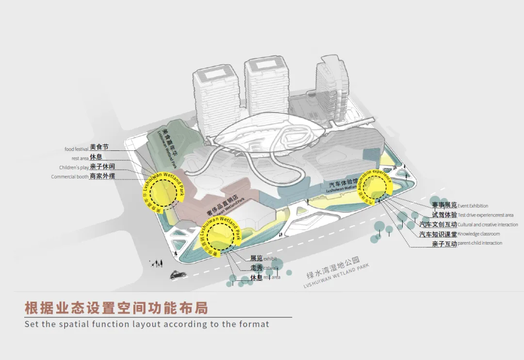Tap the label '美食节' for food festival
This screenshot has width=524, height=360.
coord(98,148)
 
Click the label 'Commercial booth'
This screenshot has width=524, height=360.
coord(70,177)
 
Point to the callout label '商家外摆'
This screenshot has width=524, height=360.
coord(102,176)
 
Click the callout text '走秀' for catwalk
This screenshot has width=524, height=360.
coord(256,268)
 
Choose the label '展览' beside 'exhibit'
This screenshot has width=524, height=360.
coord(256,259)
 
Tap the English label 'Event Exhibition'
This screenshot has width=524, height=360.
coord(473,206)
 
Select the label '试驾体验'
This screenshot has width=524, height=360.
coord(444,215)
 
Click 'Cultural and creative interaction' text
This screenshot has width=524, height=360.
coord(488,225)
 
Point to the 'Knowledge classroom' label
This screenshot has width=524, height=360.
coord(478,234)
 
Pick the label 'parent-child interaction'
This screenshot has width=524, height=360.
coord(480,243)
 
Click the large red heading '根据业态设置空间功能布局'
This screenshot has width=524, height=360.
coord(116,308)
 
